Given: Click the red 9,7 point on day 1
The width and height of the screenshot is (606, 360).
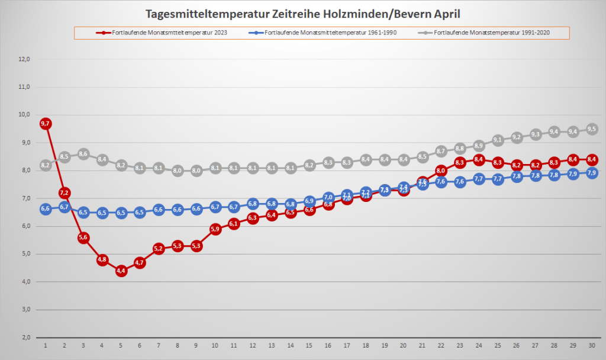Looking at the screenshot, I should click(46, 123).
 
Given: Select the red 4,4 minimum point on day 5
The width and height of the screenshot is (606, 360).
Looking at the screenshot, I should click(121, 271).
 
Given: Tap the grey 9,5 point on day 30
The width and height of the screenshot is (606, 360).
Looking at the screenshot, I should click(592, 129).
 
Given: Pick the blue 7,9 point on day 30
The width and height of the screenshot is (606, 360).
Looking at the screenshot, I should click(592, 173).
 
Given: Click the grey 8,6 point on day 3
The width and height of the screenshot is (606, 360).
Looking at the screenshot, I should click(83, 154).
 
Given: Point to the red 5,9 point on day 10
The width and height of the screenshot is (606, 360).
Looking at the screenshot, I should click(215, 229).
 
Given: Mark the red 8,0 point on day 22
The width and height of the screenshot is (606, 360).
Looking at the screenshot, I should click(441, 171).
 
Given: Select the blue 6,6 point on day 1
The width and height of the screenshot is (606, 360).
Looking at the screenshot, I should click(46, 208).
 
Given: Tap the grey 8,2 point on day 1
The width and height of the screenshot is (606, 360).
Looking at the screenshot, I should click(46, 165).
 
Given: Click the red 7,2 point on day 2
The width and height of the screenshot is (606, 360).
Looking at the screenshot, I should click(65, 192).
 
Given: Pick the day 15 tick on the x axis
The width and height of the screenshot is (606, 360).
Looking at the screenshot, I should click(309, 345).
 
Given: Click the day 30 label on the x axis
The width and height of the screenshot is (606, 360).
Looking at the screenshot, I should click(592, 345).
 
